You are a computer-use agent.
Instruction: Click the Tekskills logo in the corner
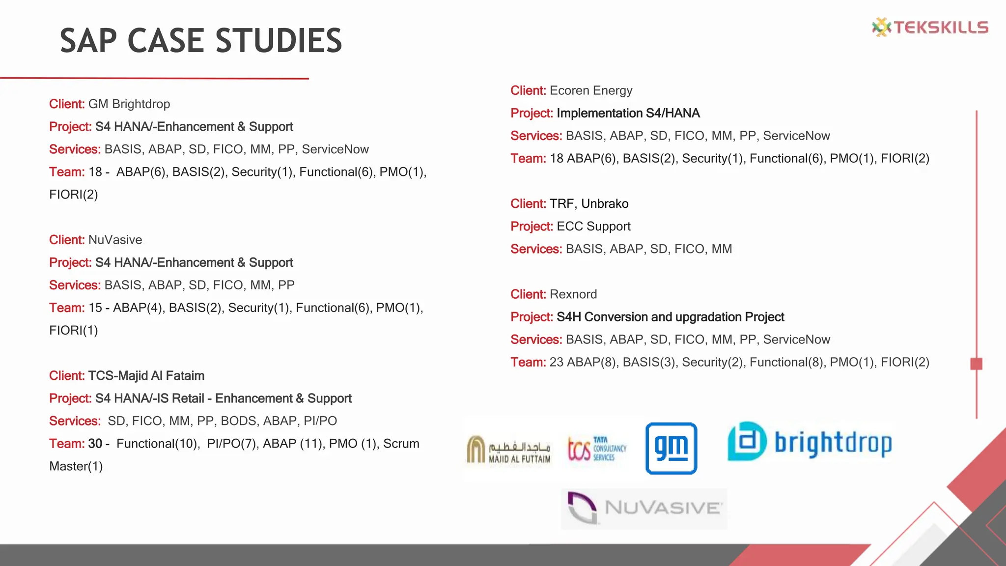tap(930, 27)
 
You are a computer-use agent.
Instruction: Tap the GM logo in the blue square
tap(671, 448)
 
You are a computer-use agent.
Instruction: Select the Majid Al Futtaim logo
tap(509, 449)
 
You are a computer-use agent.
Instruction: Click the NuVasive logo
tap(643, 508)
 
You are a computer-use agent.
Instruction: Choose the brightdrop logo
tap(810, 442)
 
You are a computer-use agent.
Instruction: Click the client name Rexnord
tap(573, 294)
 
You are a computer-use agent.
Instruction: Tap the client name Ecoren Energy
tap(591, 90)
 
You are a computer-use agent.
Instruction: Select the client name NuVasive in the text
tap(115, 240)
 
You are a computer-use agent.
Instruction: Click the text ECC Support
tap(593, 226)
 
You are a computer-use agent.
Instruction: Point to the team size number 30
tap(95, 444)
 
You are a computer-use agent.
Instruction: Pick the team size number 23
tap(556, 362)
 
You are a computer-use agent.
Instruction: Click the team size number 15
tap(95, 308)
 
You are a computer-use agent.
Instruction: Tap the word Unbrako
tap(605, 204)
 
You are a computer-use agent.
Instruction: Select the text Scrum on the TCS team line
tap(401, 444)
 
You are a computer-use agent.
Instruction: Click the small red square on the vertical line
tap(976, 364)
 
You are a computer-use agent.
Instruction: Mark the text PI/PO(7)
tap(231, 444)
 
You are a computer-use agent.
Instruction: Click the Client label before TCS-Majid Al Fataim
tap(67, 376)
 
